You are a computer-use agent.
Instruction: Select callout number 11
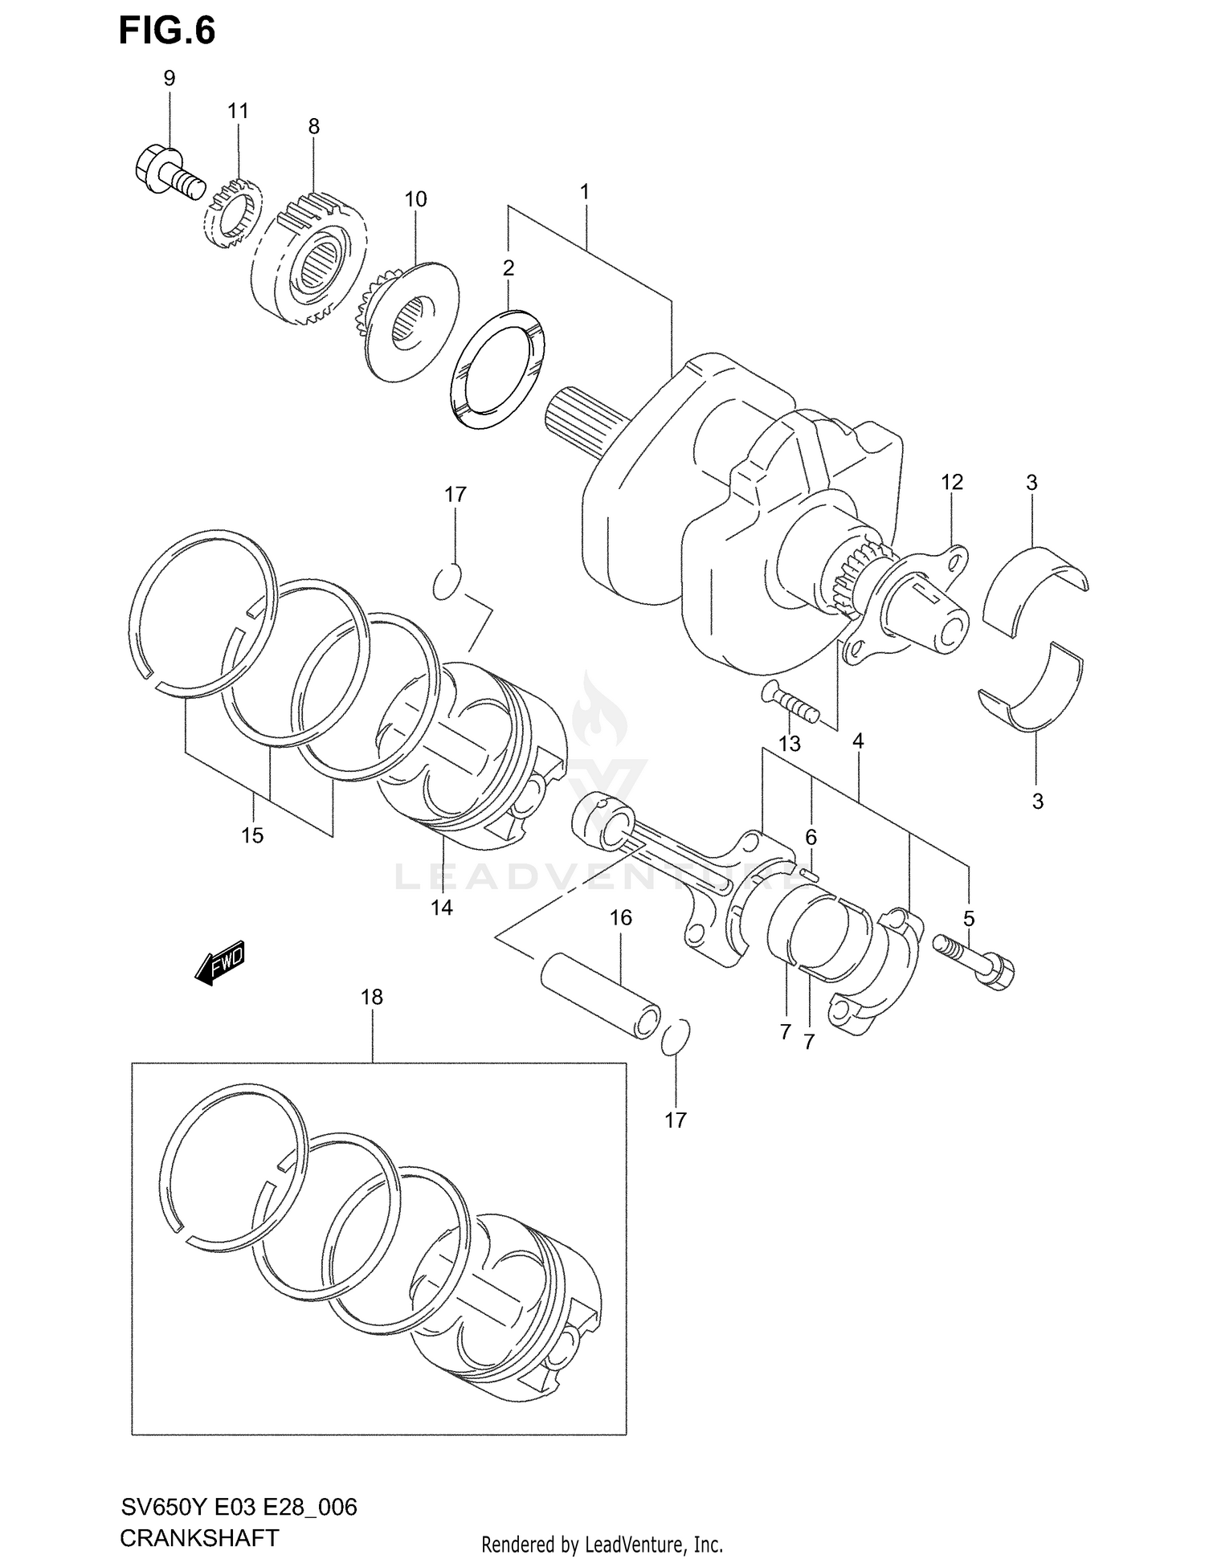pos(238,111)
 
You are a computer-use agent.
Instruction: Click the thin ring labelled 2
pos(496,365)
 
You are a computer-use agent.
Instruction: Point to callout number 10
pos(415,199)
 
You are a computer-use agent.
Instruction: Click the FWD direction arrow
pos(219,961)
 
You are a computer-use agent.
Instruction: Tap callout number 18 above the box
pos(372,997)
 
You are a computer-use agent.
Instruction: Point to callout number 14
pos(441,908)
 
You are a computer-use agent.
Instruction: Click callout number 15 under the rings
pos(252,835)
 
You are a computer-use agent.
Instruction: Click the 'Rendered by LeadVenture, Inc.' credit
pos(602,1544)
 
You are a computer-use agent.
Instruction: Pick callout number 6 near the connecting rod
pos(811,838)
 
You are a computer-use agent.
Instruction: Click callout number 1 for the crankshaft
pos(585,192)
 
